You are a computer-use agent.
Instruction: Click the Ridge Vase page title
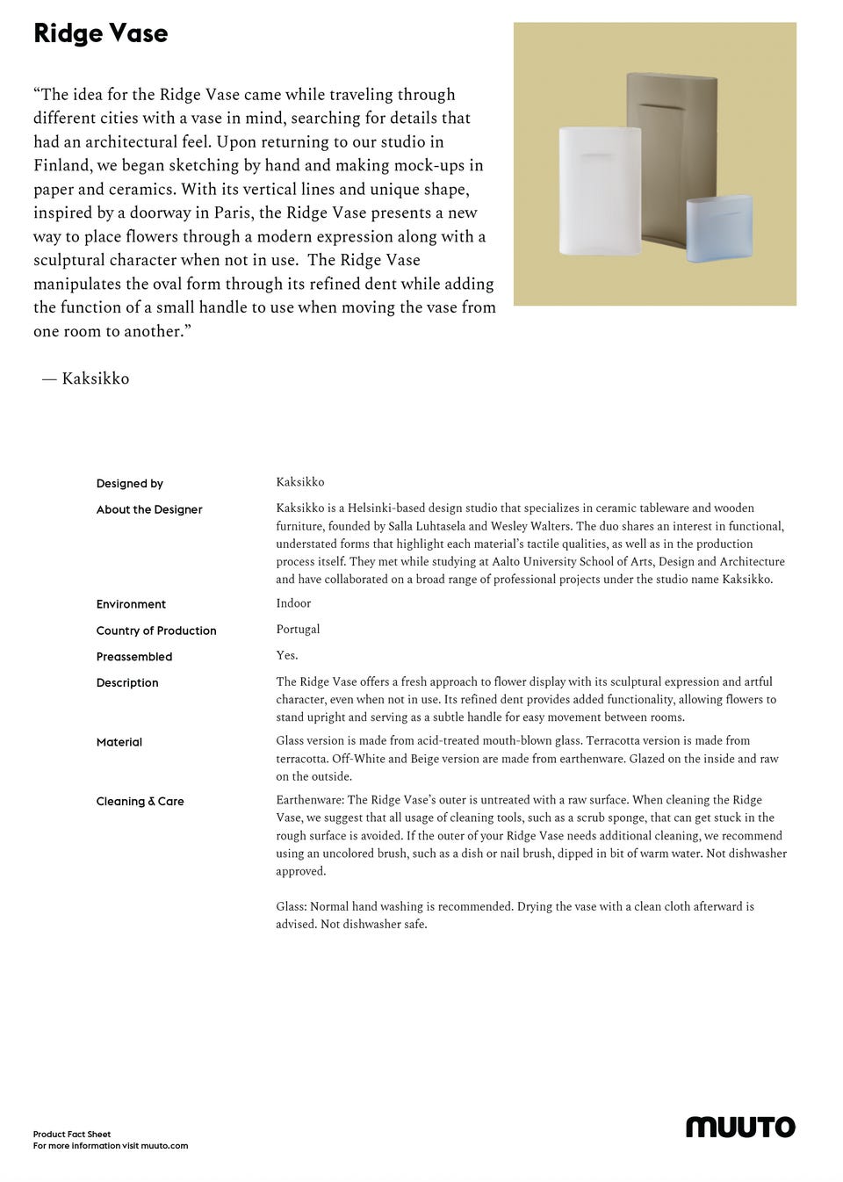tap(100, 33)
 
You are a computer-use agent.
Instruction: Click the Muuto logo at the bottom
tap(740, 1127)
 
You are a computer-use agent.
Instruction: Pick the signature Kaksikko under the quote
tap(95, 378)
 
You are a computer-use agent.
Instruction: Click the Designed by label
tap(130, 484)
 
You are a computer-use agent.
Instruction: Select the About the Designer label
tap(149, 509)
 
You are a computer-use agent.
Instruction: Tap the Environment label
tap(131, 604)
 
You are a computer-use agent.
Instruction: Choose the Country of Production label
tap(156, 631)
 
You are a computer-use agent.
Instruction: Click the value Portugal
tap(298, 629)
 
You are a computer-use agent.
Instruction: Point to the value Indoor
tap(293, 603)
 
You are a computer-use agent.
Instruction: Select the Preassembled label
tap(134, 657)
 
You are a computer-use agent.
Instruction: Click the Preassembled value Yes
tap(286, 655)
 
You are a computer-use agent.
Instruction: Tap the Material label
tap(119, 742)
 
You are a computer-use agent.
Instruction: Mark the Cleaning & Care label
tap(140, 802)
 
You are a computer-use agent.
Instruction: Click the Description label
tap(127, 683)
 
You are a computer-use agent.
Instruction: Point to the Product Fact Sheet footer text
tap(72, 1134)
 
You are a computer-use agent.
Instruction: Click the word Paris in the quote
tap(234, 213)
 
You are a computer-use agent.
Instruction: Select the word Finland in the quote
tap(61, 165)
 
